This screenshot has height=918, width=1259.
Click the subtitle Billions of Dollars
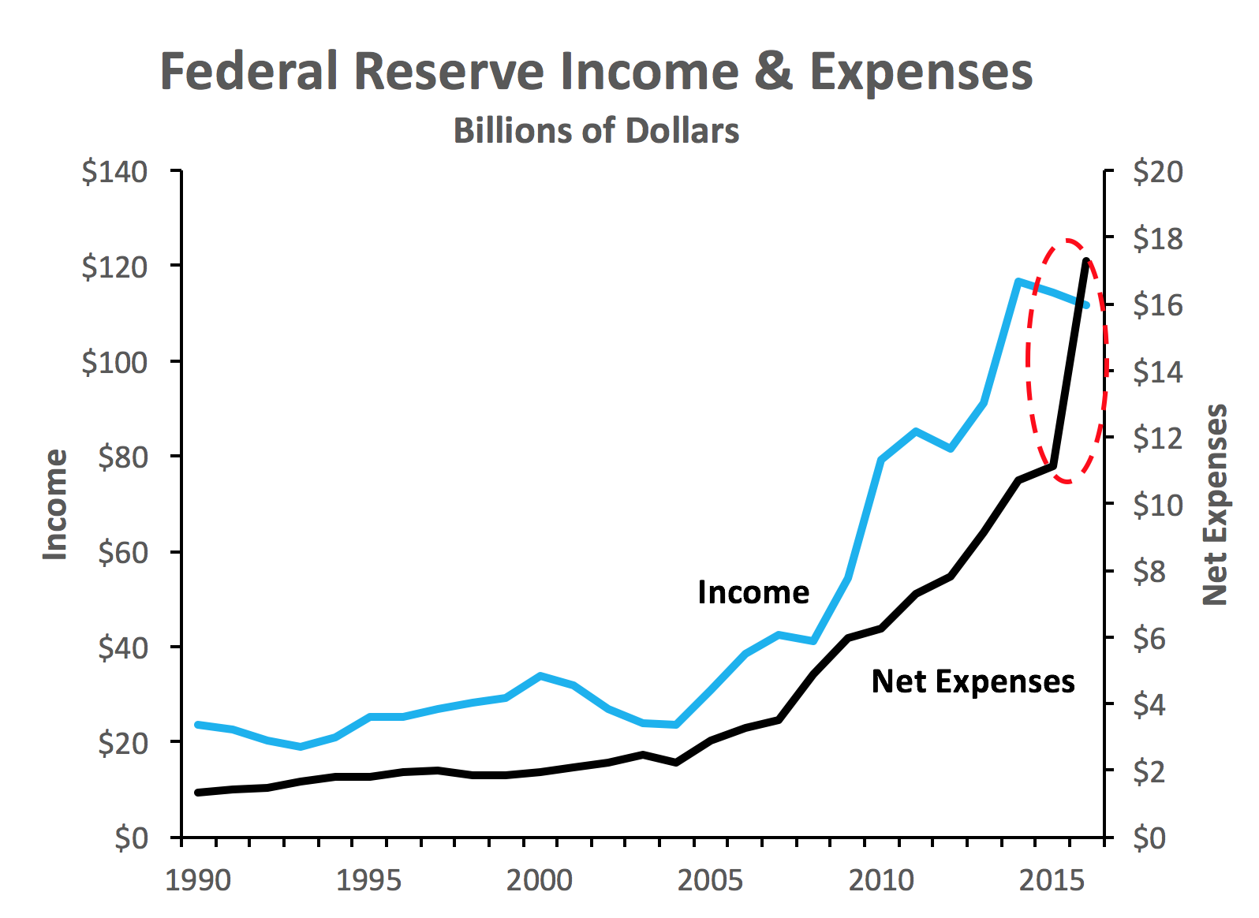click(596, 131)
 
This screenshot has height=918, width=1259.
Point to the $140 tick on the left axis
click(114, 171)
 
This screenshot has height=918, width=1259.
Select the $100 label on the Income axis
click(114, 362)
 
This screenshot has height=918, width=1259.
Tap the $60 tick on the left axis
click(122, 553)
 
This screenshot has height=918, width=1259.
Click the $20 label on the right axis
click(1158, 171)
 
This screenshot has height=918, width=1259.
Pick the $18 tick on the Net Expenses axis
click(1158, 238)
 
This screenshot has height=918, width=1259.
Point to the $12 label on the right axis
click(1158, 438)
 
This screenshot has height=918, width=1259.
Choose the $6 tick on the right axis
click(1149, 638)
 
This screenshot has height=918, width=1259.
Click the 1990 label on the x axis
click(198, 880)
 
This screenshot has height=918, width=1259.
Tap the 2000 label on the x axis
click(540, 880)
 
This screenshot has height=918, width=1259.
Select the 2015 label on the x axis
click(1052, 880)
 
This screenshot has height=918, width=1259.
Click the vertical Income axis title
click(56, 505)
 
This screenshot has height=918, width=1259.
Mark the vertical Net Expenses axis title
click(1216, 505)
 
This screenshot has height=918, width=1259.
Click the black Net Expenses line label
click(973, 681)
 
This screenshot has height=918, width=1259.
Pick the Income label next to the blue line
click(753, 592)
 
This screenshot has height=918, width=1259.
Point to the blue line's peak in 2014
click(1019, 282)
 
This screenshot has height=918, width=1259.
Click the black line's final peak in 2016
click(1087, 260)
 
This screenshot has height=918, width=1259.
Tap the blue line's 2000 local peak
click(540, 676)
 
